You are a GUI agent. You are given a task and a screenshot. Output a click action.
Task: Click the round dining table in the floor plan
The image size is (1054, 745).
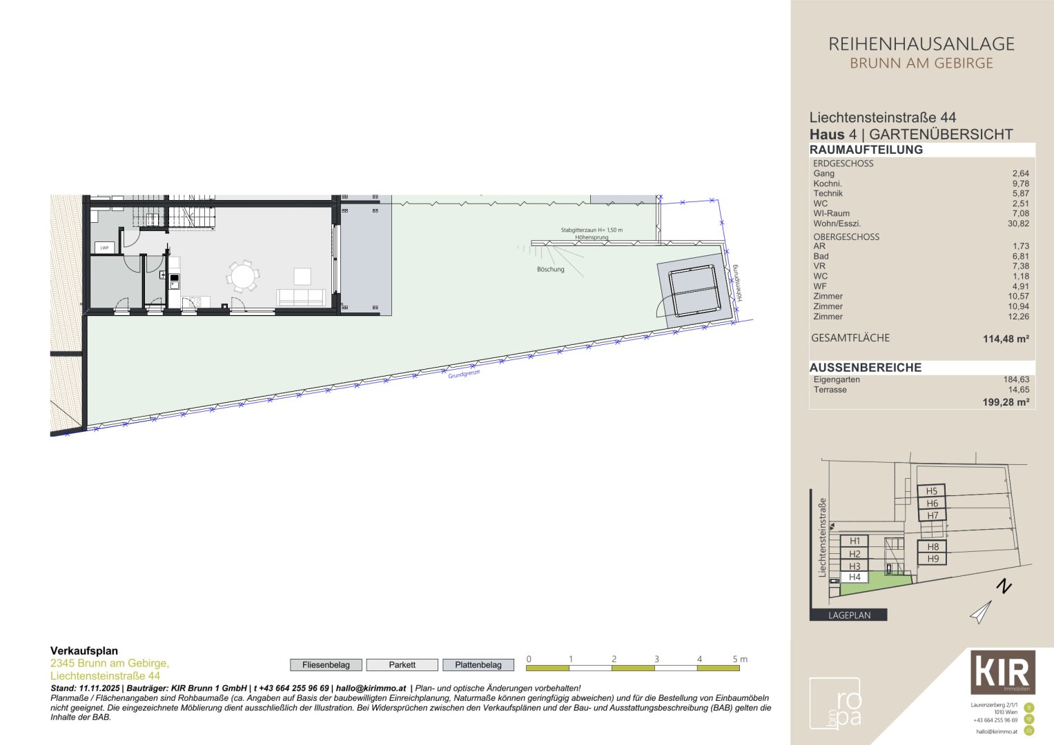[x=242, y=277]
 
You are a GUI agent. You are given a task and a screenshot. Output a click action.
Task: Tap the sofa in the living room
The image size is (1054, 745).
[x=300, y=298]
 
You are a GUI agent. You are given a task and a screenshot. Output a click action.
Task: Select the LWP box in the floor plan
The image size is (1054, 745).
[x=104, y=248]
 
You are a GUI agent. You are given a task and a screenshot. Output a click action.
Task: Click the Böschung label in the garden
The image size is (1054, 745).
[x=550, y=269]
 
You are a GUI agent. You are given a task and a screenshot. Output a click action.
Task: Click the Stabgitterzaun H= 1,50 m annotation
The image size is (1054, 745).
[x=592, y=230]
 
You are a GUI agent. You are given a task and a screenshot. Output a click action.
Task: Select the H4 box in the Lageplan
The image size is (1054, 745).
[x=855, y=577]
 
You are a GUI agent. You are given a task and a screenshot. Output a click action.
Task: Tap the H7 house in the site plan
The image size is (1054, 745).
[x=933, y=515]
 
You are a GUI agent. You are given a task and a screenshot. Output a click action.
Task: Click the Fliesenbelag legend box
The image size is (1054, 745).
[x=326, y=665]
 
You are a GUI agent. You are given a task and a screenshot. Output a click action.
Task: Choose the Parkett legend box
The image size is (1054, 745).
[x=402, y=665]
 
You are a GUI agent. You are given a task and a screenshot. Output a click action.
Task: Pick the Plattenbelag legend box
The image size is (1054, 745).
[x=478, y=665]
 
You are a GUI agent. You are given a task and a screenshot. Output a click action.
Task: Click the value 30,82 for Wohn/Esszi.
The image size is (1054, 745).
[x=1018, y=223]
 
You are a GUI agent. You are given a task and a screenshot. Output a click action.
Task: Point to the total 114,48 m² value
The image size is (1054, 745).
[x=1006, y=339]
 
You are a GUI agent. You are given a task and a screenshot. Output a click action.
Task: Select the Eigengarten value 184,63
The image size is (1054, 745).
[x=1016, y=379]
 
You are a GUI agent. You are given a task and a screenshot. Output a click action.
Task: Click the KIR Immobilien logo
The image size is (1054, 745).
[x=1003, y=672]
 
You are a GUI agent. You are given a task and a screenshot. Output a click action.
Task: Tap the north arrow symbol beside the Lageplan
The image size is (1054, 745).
[x=981, y=611]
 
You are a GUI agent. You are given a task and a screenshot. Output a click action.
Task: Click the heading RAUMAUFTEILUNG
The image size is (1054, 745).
[x=866, y=150]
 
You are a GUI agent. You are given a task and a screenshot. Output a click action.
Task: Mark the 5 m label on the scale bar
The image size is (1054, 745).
[x=739, y=659]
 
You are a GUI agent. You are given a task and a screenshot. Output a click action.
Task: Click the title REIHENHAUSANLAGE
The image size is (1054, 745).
[x=921, y=44]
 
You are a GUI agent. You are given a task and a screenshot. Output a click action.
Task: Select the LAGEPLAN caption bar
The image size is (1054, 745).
[x=848, y=615]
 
